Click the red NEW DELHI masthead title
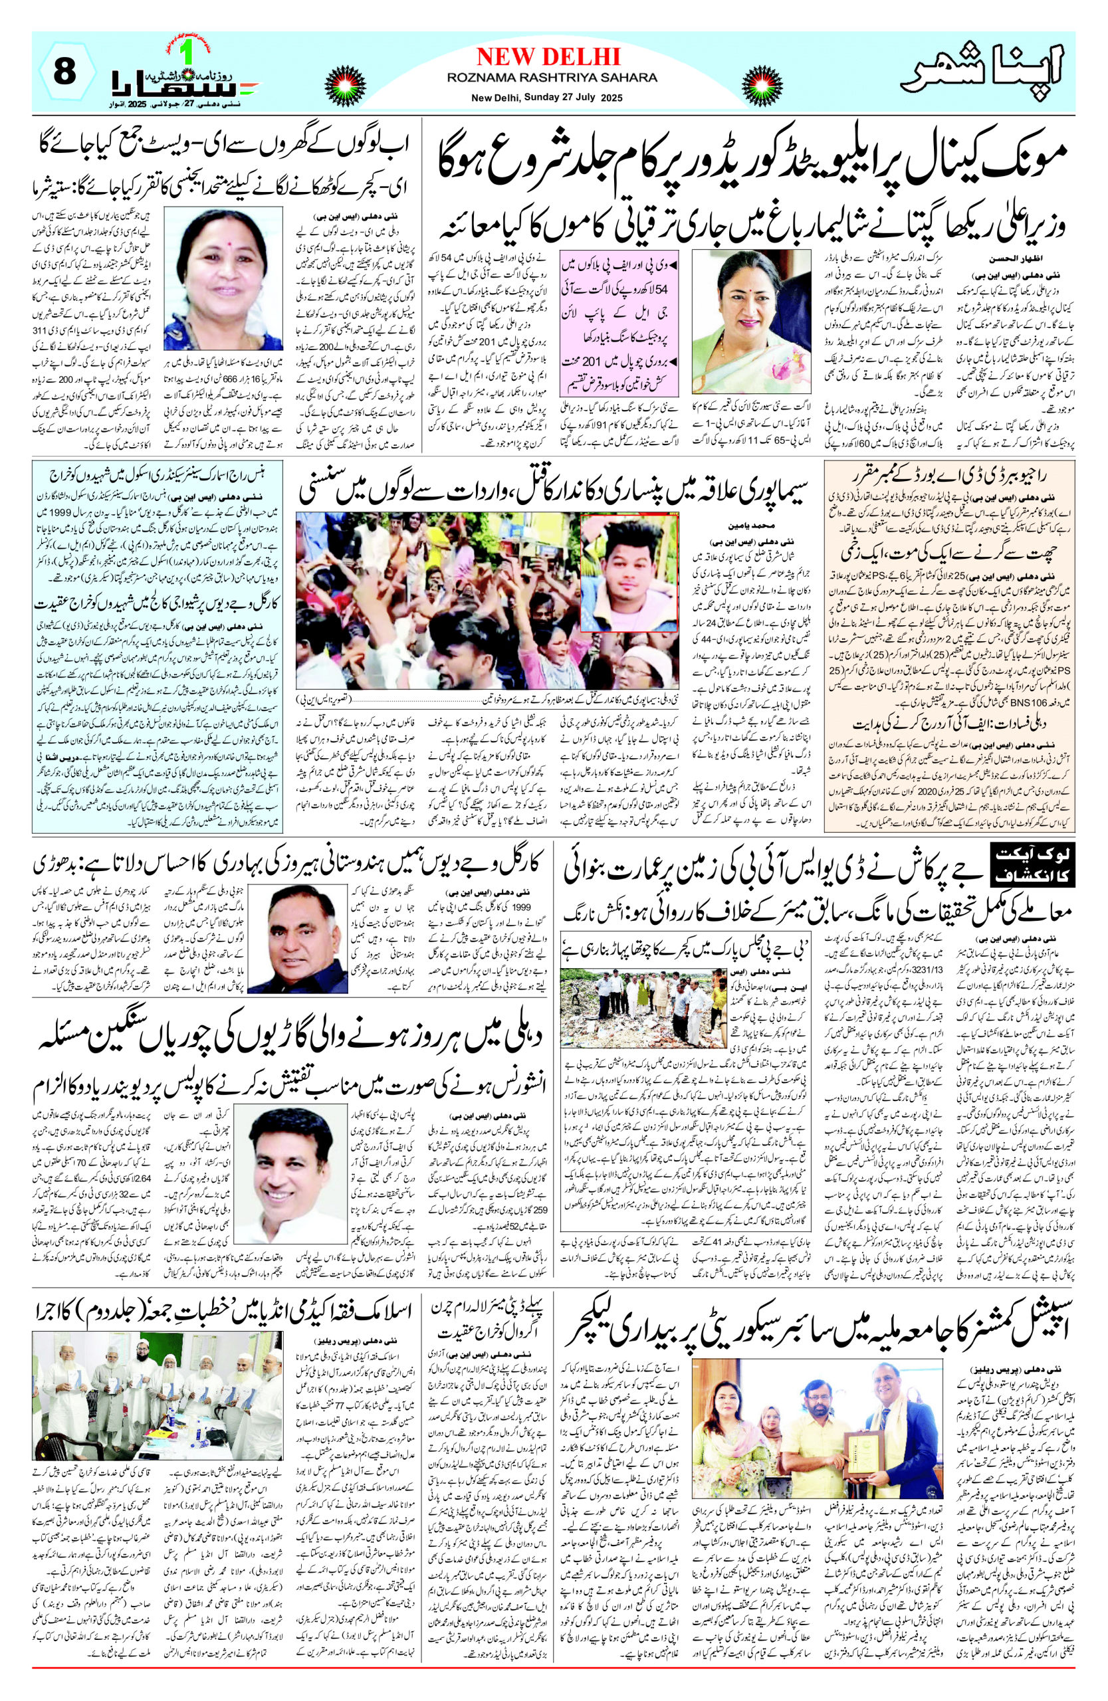(548, 56)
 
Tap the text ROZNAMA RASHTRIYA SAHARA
(552, 77)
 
